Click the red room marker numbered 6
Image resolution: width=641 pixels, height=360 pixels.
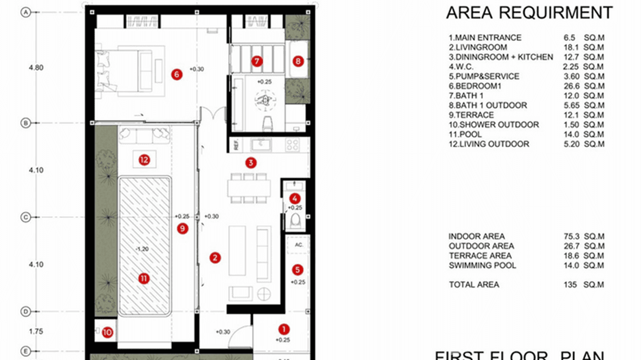177,74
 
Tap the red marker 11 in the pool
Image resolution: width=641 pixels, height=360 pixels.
144,278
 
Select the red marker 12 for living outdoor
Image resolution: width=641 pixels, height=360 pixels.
144,160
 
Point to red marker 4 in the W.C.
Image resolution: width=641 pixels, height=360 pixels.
295,198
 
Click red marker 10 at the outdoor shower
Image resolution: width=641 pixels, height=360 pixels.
107,332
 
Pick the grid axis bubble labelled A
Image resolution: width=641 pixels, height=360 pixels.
25,13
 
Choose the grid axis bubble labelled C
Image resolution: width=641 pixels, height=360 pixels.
25,217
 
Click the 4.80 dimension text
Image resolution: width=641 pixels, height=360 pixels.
36,68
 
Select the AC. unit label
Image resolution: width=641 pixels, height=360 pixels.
299,244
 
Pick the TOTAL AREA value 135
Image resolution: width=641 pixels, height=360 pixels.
570,285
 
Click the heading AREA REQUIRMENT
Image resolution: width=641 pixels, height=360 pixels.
529,13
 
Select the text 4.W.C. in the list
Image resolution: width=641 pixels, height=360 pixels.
461,67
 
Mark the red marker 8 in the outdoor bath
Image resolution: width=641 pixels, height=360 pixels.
298,61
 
